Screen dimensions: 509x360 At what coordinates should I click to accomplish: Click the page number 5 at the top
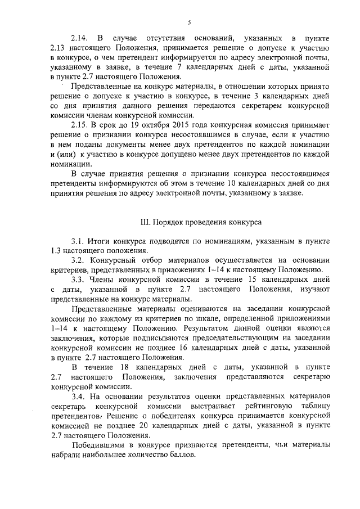190,22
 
